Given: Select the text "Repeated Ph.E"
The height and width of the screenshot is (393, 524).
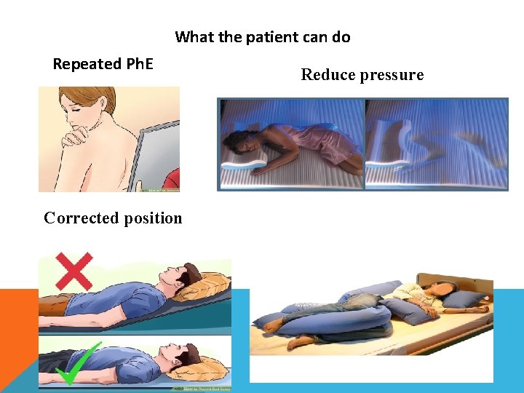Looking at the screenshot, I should (x=103, y=64).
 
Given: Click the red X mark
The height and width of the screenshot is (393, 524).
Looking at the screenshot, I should (x=73, y=271).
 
